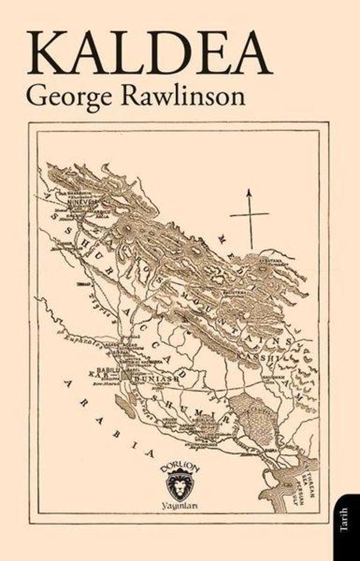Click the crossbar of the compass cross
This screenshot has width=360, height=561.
[250, 214]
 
